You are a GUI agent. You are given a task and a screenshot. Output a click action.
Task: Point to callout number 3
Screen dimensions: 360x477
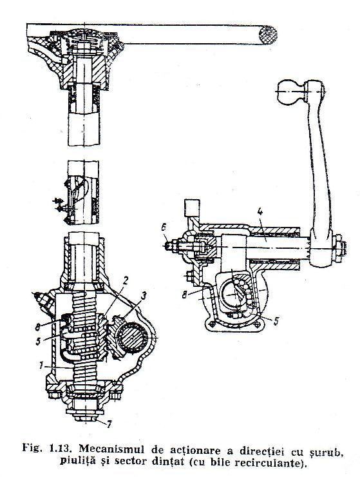[143, 295]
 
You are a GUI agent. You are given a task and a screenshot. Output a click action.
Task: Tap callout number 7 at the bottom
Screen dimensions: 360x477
[108, 424]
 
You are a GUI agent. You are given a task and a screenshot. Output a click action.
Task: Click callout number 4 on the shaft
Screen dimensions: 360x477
[260, 212]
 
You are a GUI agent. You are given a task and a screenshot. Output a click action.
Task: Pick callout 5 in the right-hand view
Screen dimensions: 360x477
[276, 322]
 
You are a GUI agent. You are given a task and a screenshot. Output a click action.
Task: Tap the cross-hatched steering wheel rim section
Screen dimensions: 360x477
[268, 35]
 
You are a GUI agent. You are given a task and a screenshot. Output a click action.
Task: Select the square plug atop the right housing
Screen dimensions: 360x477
[192, 208]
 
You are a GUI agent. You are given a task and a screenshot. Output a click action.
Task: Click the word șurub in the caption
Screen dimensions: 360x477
[327, 450]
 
